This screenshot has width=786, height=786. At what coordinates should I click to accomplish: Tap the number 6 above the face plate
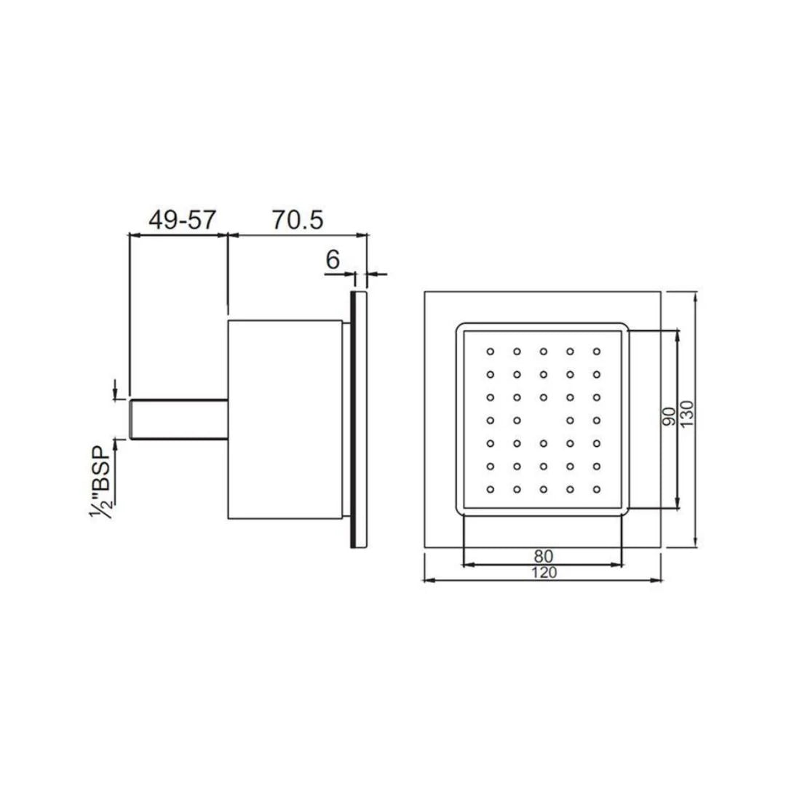[x=333, y=259]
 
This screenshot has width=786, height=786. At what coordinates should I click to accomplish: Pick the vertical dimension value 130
[x=688, y=414]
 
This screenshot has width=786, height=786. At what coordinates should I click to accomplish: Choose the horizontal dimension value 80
[x=543, y=555]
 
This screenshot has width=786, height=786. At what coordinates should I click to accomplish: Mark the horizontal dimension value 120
[x=543, y=572]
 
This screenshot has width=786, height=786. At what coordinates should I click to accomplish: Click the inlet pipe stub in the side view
[x=179, y=418]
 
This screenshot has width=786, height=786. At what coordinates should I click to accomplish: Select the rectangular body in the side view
[x=285, y=419]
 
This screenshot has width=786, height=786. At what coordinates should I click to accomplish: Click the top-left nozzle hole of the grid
[x=491, y=352]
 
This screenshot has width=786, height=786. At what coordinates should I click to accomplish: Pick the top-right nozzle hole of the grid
[x=597, y=352]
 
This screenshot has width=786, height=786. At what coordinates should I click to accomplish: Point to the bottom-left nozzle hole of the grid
[x=491, y=488]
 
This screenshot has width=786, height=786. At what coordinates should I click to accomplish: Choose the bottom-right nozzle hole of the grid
[x=597, y=488]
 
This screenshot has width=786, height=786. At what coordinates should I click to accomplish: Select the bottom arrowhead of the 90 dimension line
[x=678, y=503]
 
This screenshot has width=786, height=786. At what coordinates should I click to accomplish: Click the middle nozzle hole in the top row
[x=544, y=352]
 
